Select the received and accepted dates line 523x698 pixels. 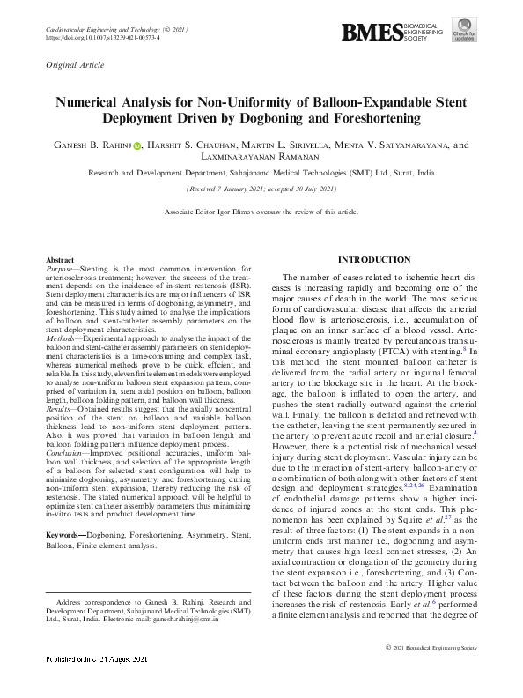(x=261, y=189)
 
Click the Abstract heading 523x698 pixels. (x=61, y=262)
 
